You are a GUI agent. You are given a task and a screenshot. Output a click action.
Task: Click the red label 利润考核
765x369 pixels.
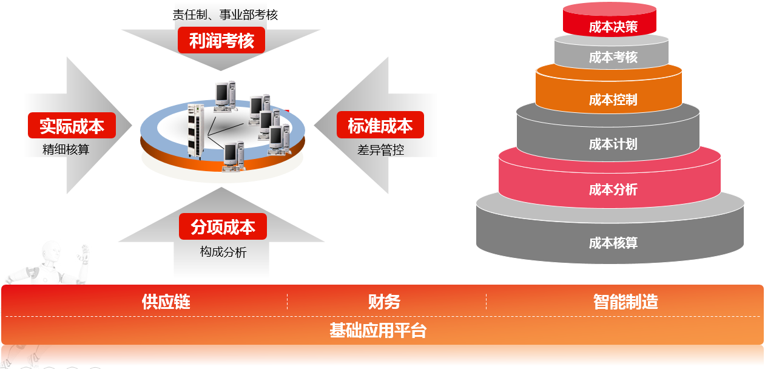point(221,41)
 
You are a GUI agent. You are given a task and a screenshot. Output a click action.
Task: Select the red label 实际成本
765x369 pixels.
point(72,126)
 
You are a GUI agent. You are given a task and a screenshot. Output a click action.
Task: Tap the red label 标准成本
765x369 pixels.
point(380,125)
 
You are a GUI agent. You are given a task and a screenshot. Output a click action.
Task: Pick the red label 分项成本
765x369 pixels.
point(223,227)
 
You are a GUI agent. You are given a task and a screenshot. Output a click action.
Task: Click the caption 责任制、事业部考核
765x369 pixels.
point(225,15)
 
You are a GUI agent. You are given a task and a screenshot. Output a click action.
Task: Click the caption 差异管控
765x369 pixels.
point(380,149)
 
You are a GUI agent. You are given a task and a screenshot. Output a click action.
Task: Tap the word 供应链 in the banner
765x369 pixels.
point(166,302)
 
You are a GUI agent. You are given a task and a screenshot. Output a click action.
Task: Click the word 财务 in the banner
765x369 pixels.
point(384,302)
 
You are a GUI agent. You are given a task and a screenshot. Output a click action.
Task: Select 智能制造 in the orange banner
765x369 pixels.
point(625,302)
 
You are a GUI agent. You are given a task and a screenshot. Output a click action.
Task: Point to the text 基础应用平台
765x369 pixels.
point(378,331)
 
